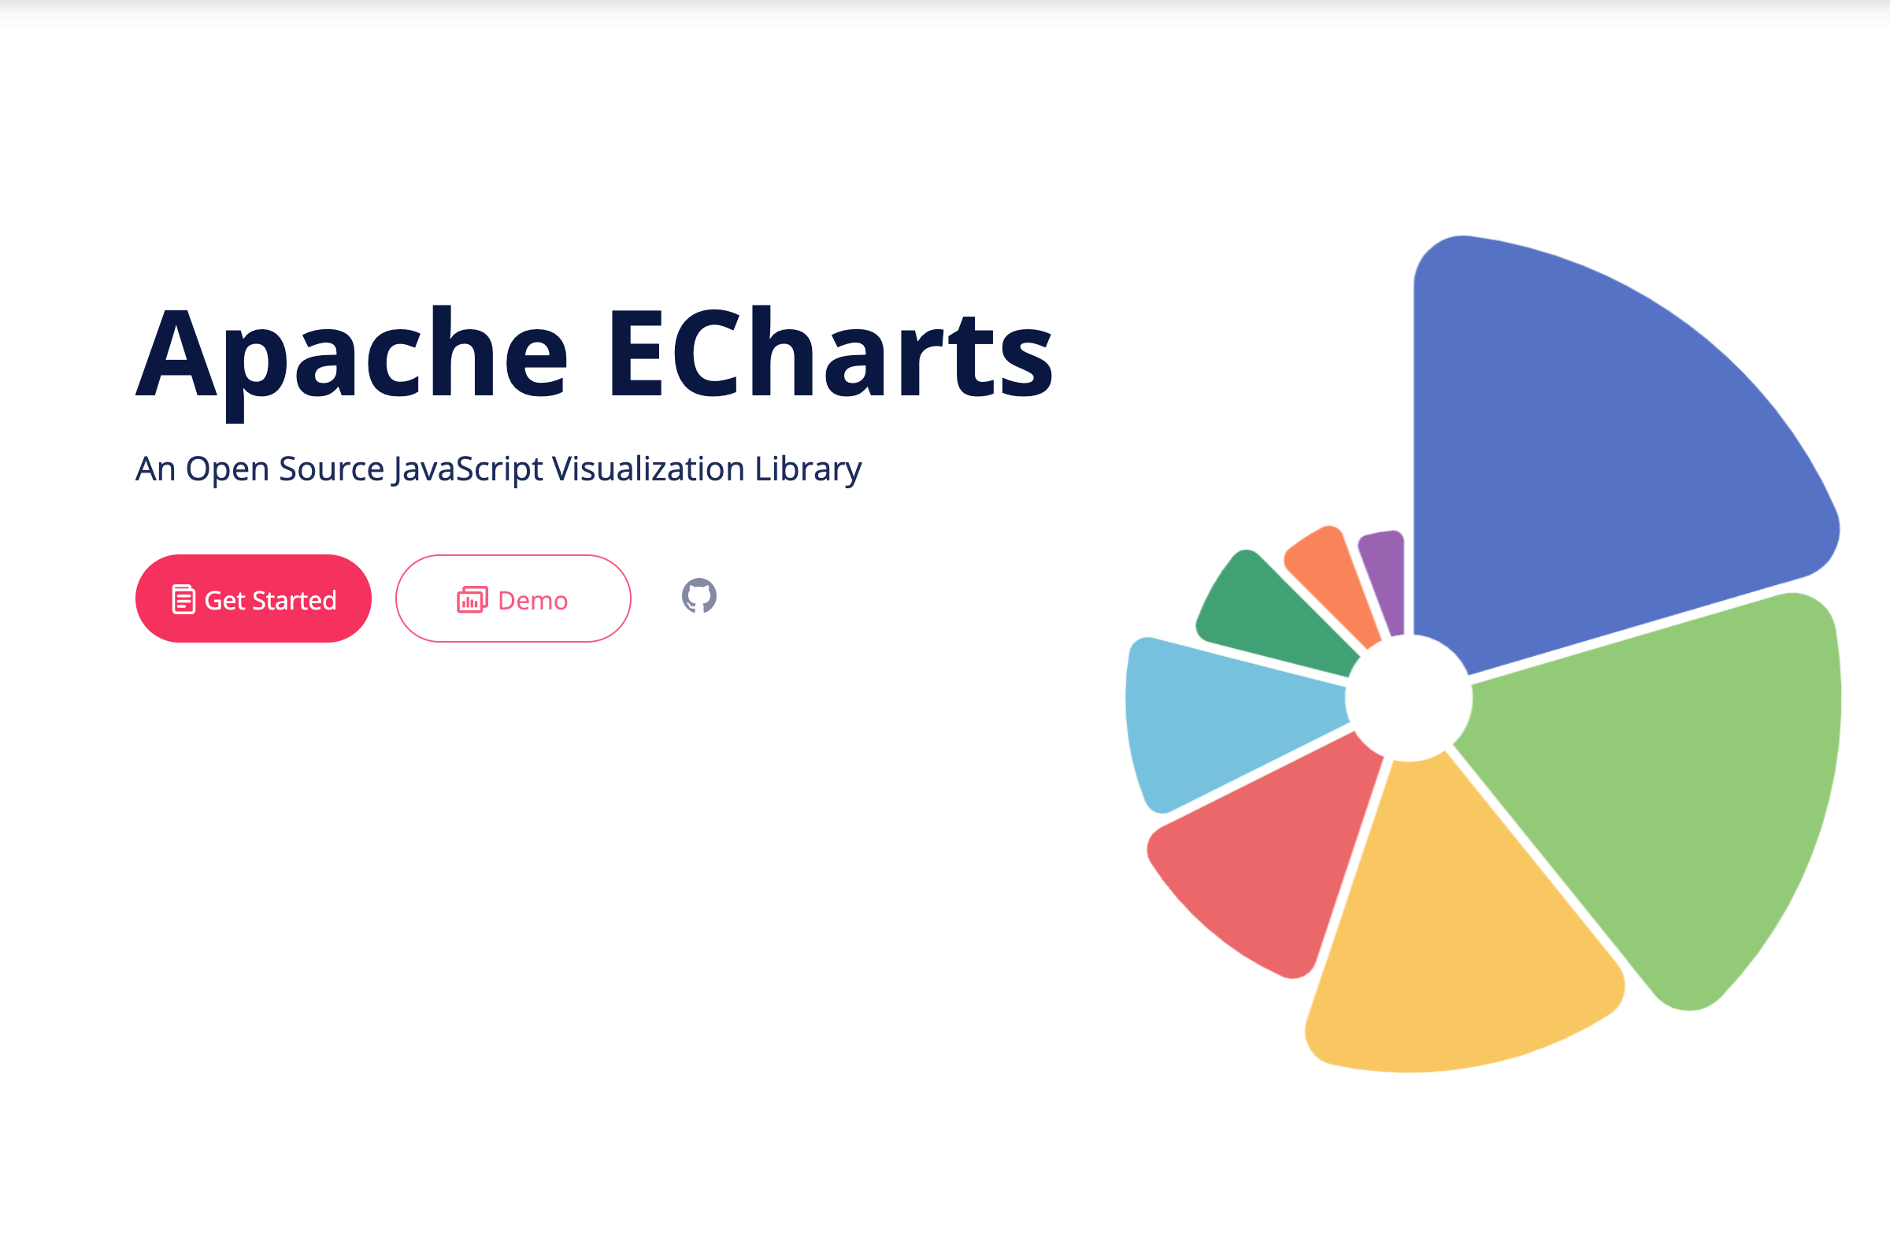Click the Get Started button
point(253,598)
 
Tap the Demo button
point(513,598)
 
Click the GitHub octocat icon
point(699,596)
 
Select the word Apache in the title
point(352,361)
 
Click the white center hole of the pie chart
point(1410,698)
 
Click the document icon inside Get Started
point(183,599)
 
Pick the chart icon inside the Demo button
point(472,599)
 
